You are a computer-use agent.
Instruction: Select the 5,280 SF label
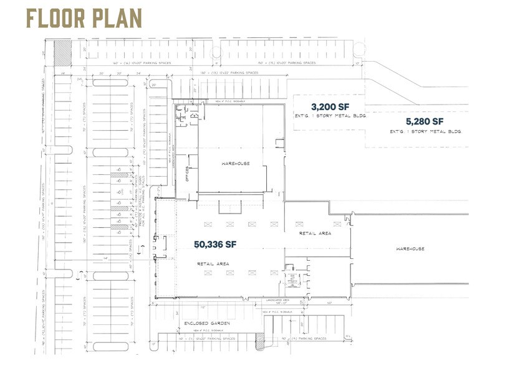coord(424,121)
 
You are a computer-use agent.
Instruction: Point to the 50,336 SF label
coord(217,244)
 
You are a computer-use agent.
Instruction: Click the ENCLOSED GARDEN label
coord(207,324)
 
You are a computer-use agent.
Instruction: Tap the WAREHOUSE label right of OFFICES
coord(235,163)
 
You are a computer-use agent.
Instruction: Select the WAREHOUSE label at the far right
coord(410,248)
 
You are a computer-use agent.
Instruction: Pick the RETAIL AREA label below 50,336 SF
coord(213,263)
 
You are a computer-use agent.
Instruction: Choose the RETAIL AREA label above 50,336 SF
coord(315,233)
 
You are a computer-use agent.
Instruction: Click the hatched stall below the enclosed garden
coord(260,341)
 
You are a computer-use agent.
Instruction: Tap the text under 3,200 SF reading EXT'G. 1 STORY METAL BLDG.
coord(329,116)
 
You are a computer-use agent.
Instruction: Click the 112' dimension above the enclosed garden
coord(203,307)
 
